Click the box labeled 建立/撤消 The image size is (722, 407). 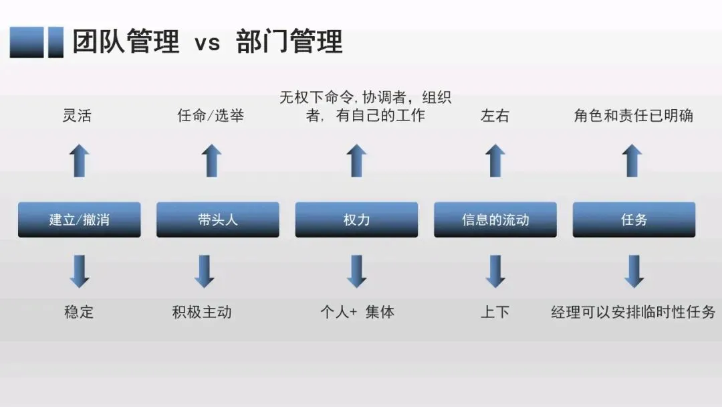point(79,220)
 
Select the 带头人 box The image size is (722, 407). point(217,220)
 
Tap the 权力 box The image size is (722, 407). point(356,220)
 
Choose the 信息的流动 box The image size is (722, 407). point(495,220)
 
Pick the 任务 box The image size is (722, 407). point(634,220)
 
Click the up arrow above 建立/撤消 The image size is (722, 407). point(80,161)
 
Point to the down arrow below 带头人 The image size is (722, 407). point(204,271)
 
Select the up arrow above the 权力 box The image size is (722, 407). point(356,161)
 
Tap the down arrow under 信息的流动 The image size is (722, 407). point(495,271)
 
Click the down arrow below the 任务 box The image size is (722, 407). point(634,271)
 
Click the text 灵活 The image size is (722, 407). point(76,116)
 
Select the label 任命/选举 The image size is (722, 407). point(211,116)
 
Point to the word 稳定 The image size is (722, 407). point(79,312)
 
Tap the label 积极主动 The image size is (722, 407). point(202,312)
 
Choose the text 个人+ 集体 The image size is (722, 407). point(357,312)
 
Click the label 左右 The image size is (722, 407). point(495,116)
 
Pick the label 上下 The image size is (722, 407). point(495,312)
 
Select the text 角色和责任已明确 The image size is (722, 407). point(633,116)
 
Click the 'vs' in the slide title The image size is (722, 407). point(207,43)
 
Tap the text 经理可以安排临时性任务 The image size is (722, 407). point(633,312)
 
